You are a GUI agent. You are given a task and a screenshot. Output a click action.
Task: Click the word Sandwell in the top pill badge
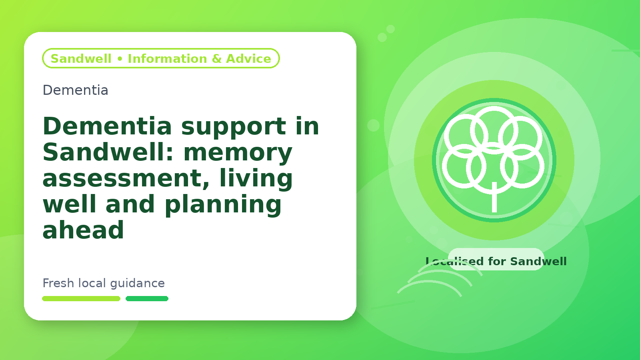[81, 58]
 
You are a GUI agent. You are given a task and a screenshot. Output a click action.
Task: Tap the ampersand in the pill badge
[216, 58]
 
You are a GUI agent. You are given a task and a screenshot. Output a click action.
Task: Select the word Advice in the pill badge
[248, 58]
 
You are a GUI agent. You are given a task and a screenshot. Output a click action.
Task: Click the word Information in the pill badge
[168, 58]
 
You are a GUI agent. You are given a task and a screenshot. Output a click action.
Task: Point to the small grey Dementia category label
[76, 90]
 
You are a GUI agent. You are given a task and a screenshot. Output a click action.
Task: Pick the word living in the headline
[256, 178]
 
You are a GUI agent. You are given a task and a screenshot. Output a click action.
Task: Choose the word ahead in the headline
[83, 230]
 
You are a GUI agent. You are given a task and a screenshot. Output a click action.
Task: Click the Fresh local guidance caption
[104, 283]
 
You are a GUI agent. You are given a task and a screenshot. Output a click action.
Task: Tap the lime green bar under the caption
[81, 298]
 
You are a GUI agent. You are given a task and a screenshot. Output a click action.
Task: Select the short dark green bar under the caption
[147, 298]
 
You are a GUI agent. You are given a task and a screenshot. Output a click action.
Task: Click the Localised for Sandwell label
[496, 261]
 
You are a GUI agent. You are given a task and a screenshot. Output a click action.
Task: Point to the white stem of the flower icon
[494, 197]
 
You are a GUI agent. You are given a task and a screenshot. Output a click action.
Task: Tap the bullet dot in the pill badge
[120, 59]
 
